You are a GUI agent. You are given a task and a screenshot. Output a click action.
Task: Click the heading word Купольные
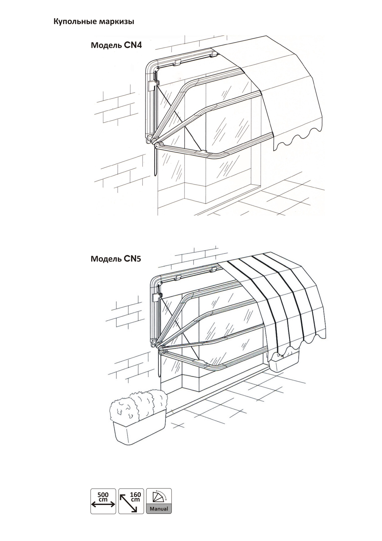tap(74, 22)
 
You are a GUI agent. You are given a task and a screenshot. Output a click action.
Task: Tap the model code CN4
tap(133, 45)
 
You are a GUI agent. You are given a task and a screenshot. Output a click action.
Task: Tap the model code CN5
tap(132, 258)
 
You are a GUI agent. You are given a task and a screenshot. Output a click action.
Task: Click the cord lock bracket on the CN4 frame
tap(153, 85)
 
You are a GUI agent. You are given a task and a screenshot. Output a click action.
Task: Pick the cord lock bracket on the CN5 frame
tap(156, 297)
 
